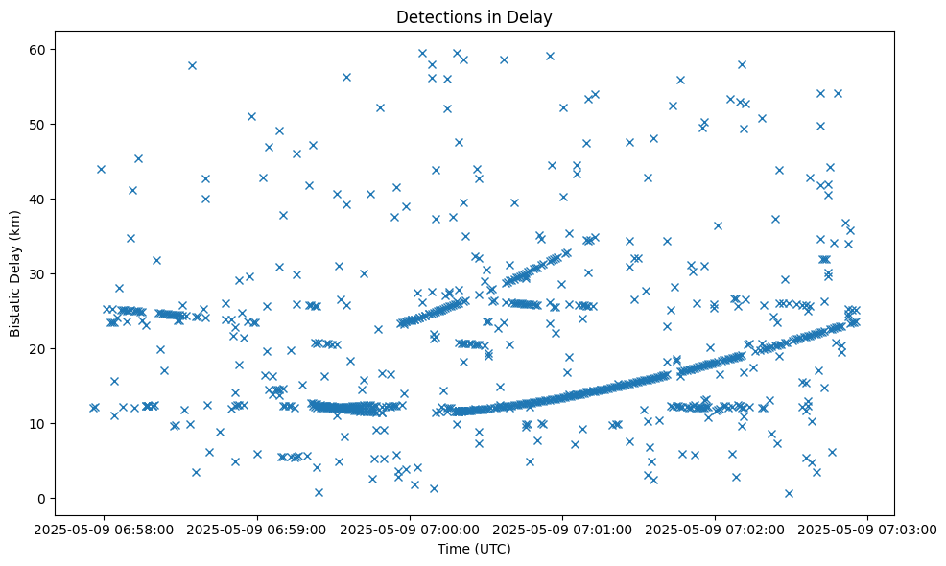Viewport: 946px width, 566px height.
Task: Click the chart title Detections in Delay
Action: click(474, 17)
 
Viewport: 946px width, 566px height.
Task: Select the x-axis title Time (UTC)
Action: click(474, 550)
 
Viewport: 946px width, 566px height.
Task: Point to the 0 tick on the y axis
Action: click(42, 498)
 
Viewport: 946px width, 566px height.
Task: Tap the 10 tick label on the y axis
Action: click(38, 423)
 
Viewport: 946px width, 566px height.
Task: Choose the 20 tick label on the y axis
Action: click(38, 348)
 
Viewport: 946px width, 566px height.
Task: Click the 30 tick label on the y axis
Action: click(38, 273)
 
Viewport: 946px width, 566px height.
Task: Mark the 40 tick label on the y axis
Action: click(38, 199)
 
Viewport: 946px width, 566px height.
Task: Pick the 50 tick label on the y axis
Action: click(38, 124)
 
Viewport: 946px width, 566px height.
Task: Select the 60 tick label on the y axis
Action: click(38, 49)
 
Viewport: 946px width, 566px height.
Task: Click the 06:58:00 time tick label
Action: click(105, 529)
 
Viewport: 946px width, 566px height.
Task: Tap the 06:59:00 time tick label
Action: click(258, 529)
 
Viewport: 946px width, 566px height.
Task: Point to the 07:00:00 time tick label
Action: click(411, 529)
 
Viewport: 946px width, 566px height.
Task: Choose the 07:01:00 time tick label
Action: click(563, 529)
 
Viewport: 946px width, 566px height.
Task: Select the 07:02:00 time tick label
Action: click(716, 529)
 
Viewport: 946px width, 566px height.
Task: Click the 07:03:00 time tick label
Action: click(868, 529)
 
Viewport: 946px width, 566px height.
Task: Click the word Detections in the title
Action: click(438, 17)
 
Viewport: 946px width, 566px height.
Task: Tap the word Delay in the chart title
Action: click(533, 17)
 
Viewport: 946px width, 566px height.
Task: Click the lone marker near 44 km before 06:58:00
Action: click(101, 169)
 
